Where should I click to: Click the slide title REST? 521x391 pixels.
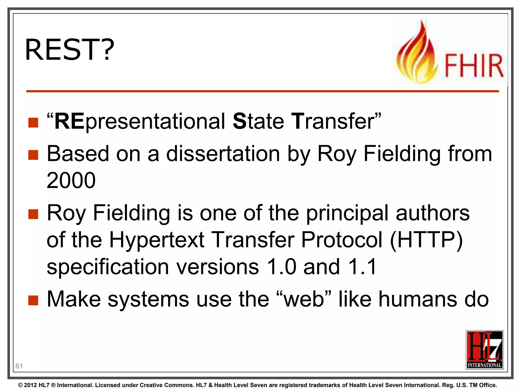tap(69, 50)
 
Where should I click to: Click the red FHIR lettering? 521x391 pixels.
tap(474, 66)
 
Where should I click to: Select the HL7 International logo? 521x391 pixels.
tap(484, 350)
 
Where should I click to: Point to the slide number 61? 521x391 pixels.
tap(19, 366)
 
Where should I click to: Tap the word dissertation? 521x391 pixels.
tap(223, 154)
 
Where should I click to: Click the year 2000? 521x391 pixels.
tap(71, 180)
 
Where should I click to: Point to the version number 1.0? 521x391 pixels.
tap(282, 267)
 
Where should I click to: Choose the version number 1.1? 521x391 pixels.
tap(362, 267)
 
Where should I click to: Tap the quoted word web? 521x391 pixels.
tap(304, 299)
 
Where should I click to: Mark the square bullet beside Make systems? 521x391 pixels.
tap(33, 300)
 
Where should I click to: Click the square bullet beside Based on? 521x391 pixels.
tap(33, 155)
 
